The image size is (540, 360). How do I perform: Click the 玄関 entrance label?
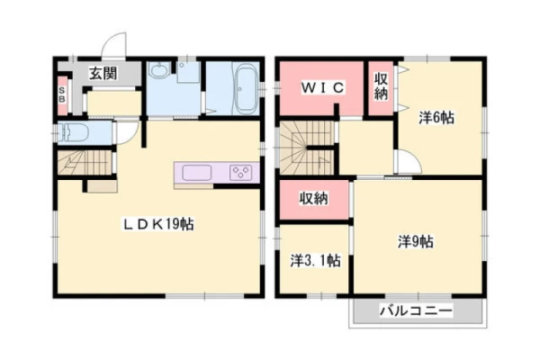pos(103,74)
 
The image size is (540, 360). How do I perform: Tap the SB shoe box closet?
pos(62,95)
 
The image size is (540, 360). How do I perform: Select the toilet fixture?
pos(74,132)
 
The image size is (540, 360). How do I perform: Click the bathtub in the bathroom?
pos(247,90)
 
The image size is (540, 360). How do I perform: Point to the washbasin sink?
pos(159,70)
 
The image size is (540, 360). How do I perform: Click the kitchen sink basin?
pos(196,172)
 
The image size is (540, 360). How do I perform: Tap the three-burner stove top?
pos(240,172)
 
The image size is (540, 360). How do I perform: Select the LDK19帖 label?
pos(158,225)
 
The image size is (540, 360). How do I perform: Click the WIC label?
pos(322,88)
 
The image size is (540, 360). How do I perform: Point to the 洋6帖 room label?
pos(436,118)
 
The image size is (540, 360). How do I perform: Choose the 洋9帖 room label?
pos(416,241)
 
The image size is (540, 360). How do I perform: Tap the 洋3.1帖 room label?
pos(316,261)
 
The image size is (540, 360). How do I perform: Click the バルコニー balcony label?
pos(416,311)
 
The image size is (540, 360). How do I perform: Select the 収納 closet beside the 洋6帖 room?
pos(382,88)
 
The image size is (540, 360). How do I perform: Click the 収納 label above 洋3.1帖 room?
pos(314,198)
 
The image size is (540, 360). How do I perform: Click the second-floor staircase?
pos(307,148)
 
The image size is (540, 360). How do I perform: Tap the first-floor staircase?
pos(85,163)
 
